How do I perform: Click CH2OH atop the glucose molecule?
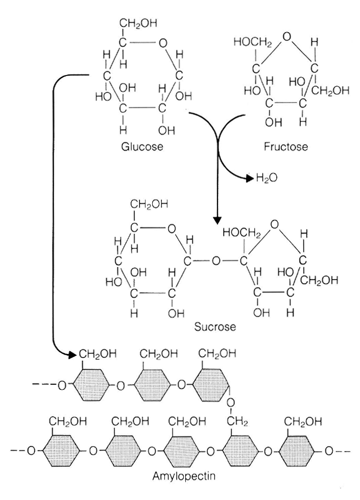[x=139, y=23]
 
